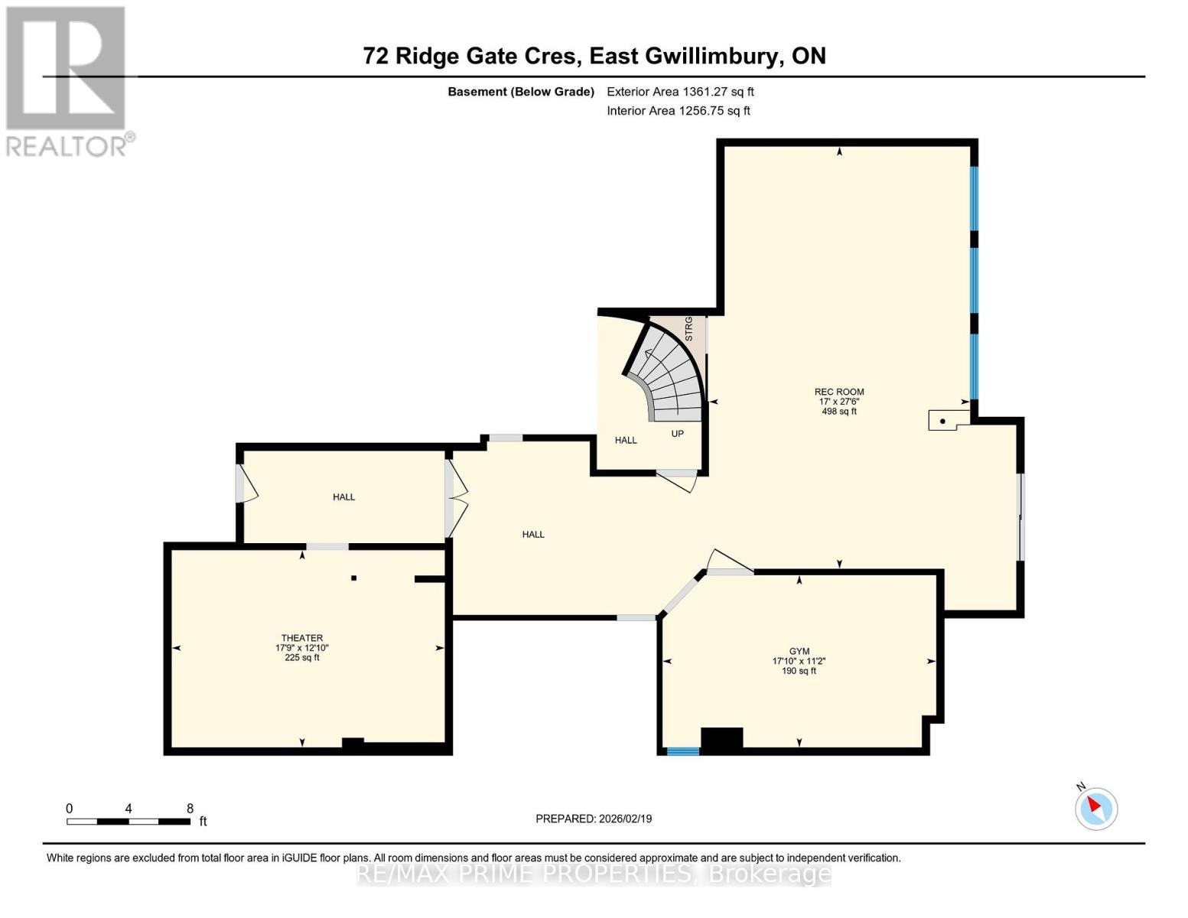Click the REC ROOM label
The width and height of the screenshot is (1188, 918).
(x=839, y=392)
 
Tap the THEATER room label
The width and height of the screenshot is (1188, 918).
(x=302, y=638)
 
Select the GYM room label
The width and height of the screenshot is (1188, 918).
(x=799, y=652)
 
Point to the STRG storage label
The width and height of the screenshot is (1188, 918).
(x=688, y=328)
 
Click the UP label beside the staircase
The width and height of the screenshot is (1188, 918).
(x=677, y=434)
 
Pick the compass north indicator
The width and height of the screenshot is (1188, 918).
(x=1096, y=807)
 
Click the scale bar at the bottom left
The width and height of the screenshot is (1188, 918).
(x=129, y=821)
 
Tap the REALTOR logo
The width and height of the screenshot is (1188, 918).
(x=67, y=80)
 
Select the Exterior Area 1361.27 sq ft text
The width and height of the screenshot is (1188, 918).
(x=680, y=92)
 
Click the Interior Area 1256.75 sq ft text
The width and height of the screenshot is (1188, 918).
(x=678, y=111)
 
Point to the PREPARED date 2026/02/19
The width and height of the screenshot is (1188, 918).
(x=594, y=819)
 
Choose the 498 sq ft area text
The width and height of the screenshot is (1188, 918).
(x=839, y=412)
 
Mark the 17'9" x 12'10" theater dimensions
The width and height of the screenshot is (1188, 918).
(x=302, y=648)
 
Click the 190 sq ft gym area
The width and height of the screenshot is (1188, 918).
(x=799, y=671)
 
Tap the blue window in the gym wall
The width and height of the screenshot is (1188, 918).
(x=682, y=751)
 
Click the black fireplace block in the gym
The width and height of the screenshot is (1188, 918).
(x=721, y=739)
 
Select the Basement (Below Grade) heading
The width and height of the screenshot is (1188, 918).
(x=521, y=92)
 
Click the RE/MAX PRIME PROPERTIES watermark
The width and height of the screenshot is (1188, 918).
(x=594, y=874)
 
